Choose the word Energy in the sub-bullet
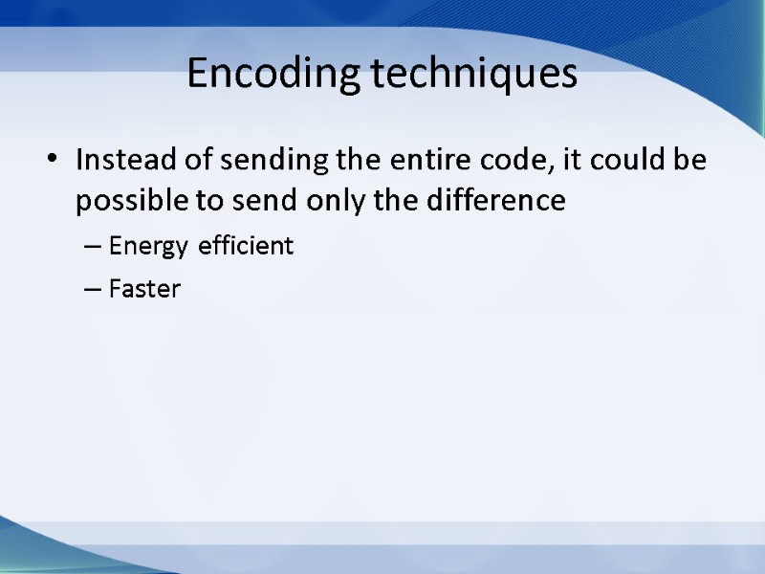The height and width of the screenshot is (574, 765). (x=149, y=247)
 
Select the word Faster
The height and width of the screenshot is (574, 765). (x=144, y=289)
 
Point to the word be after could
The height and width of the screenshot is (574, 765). (x=693, y=160)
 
